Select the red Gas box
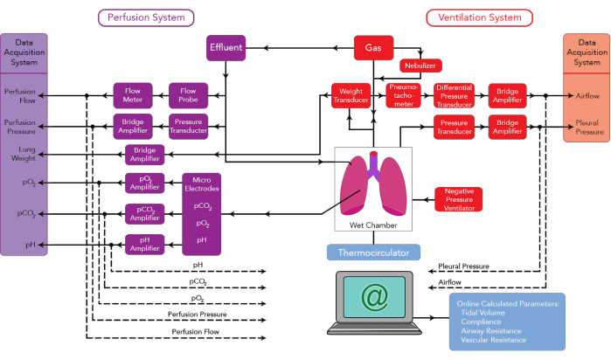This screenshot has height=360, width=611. click(x=373, y=47)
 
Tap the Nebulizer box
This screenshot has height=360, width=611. click(x=420, y=66)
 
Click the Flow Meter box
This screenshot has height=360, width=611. click(x=132, y=94)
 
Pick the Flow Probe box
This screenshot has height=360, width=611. click(x=187, y=94)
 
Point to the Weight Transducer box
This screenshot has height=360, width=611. click(x=351, y=95)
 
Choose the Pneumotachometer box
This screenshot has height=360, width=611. click(x=403, y=95)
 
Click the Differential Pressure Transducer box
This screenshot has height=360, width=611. click(x=454, y=95)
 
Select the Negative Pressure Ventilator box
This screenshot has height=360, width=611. click(x=458, y=199)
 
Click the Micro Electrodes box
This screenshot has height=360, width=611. click(x=201, y=213)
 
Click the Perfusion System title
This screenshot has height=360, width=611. click(x=145, y=17)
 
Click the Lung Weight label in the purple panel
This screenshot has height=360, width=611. click(x=20, y=154)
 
